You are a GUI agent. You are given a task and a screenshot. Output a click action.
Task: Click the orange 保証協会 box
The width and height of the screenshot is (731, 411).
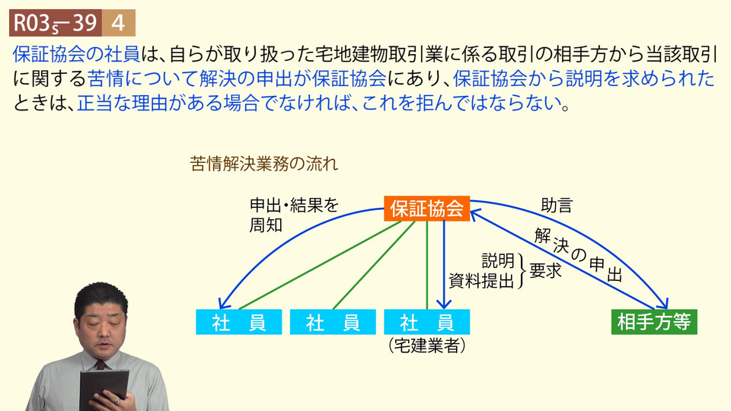coord(426,209)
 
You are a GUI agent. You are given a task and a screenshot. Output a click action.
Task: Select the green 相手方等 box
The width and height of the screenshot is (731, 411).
coord(654,321)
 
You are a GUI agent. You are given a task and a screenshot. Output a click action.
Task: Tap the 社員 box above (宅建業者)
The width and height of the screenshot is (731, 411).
coord(426,322)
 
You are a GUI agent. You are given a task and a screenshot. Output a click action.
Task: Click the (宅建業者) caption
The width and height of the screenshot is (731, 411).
coord(426,346)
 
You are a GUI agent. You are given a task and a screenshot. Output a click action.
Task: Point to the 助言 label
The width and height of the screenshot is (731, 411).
coord(556,205)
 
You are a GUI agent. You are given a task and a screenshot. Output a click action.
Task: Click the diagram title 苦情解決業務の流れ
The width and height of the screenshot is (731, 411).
coord(264,164)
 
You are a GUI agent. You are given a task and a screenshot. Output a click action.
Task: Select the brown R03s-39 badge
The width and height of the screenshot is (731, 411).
coord(56,23)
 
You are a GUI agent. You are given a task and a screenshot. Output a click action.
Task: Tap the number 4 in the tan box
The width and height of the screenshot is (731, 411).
coord(119,23)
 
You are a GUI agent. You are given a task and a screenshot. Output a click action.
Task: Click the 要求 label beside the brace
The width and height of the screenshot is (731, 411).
coord(545,270)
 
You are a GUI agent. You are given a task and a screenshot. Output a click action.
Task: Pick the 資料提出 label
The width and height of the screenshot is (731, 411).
coord(481,281)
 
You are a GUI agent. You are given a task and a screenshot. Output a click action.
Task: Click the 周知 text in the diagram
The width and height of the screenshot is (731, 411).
coord(266,225)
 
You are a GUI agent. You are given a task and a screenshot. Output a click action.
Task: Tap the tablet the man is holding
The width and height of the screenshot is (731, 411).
coord(103,389)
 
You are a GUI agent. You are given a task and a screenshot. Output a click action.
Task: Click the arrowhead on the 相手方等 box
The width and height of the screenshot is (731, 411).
coord(662,303)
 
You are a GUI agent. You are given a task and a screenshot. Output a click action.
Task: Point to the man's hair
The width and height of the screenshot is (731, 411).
coord(100,298)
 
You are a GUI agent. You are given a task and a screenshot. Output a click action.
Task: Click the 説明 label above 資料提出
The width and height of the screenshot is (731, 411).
coord(497,261)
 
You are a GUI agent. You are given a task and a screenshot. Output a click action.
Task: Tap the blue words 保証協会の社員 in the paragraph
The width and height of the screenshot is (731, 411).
coord(76,55)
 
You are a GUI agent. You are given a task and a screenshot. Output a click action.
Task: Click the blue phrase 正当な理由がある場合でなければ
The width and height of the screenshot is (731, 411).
coord(213,103)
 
